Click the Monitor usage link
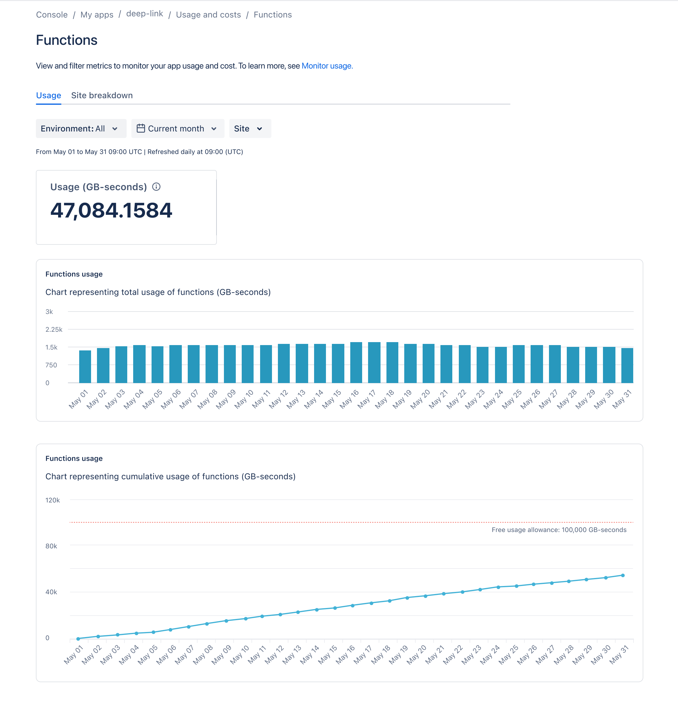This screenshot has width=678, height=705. click(x=327, y=66)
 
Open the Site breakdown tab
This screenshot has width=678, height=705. click(x=102, y=95)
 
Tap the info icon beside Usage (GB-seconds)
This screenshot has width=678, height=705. click(x=156, y=187)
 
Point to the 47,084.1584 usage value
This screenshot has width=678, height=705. click(x=111, y=210)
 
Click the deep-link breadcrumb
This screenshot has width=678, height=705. click(x=144, y=14)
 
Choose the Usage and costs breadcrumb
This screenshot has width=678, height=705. click(x=208, y=15)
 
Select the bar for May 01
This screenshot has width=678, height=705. click(x=85, y=366)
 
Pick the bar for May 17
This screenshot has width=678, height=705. click(x=374, y=362)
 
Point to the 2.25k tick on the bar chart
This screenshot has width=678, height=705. click(x=54, y=329)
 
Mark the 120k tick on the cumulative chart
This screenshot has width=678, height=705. click(x=52, y=500)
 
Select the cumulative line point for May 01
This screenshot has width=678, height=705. click(x=78, y=639)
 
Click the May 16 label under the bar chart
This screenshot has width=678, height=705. click(x=349, y=399)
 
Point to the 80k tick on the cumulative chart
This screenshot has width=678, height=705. click(x=51, y=546)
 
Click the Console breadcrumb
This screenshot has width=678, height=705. click(x=52, y=15)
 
